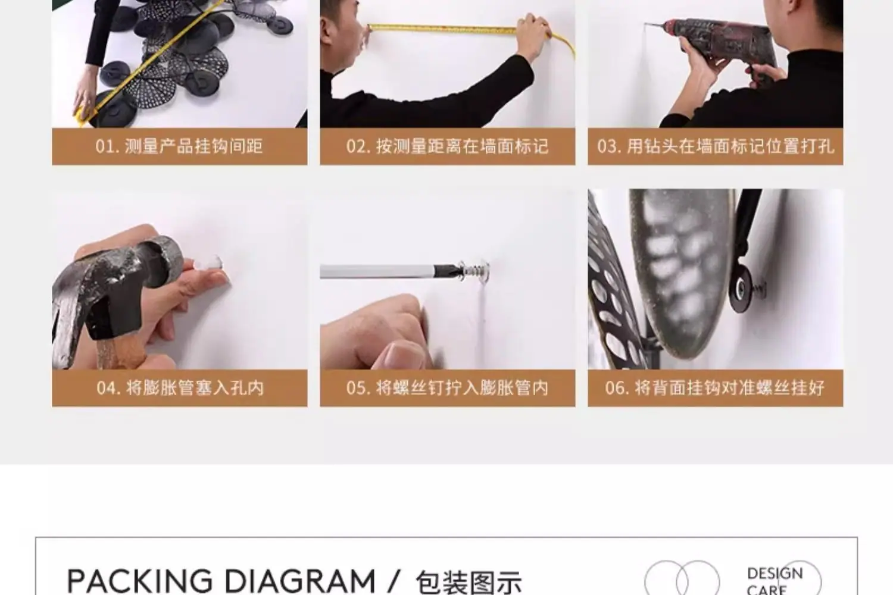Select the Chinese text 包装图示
point(469,583)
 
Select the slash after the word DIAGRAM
point(394,581)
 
